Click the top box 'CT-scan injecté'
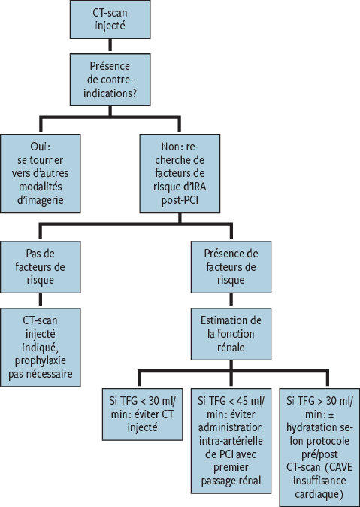(110, 20)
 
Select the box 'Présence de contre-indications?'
(110, 80)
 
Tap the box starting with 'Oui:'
(40, 173)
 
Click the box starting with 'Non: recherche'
(180, 173)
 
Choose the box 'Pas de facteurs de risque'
(40, 267)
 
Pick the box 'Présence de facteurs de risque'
(231, 267)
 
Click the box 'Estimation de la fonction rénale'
(231, 334)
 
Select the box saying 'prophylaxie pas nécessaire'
(40, 348)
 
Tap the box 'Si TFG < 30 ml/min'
(143, 414)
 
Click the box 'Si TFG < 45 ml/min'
(231, 441)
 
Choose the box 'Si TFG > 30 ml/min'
(319, 448)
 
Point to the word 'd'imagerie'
(41, 200)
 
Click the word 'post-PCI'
(180, 200)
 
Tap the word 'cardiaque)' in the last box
(319, 494)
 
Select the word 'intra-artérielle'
(231, 441)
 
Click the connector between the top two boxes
(110, 46)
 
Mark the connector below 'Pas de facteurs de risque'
(40, 300)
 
